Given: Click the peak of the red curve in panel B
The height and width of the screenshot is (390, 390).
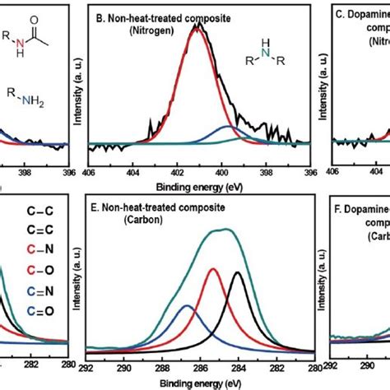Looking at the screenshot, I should click(198, 26).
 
